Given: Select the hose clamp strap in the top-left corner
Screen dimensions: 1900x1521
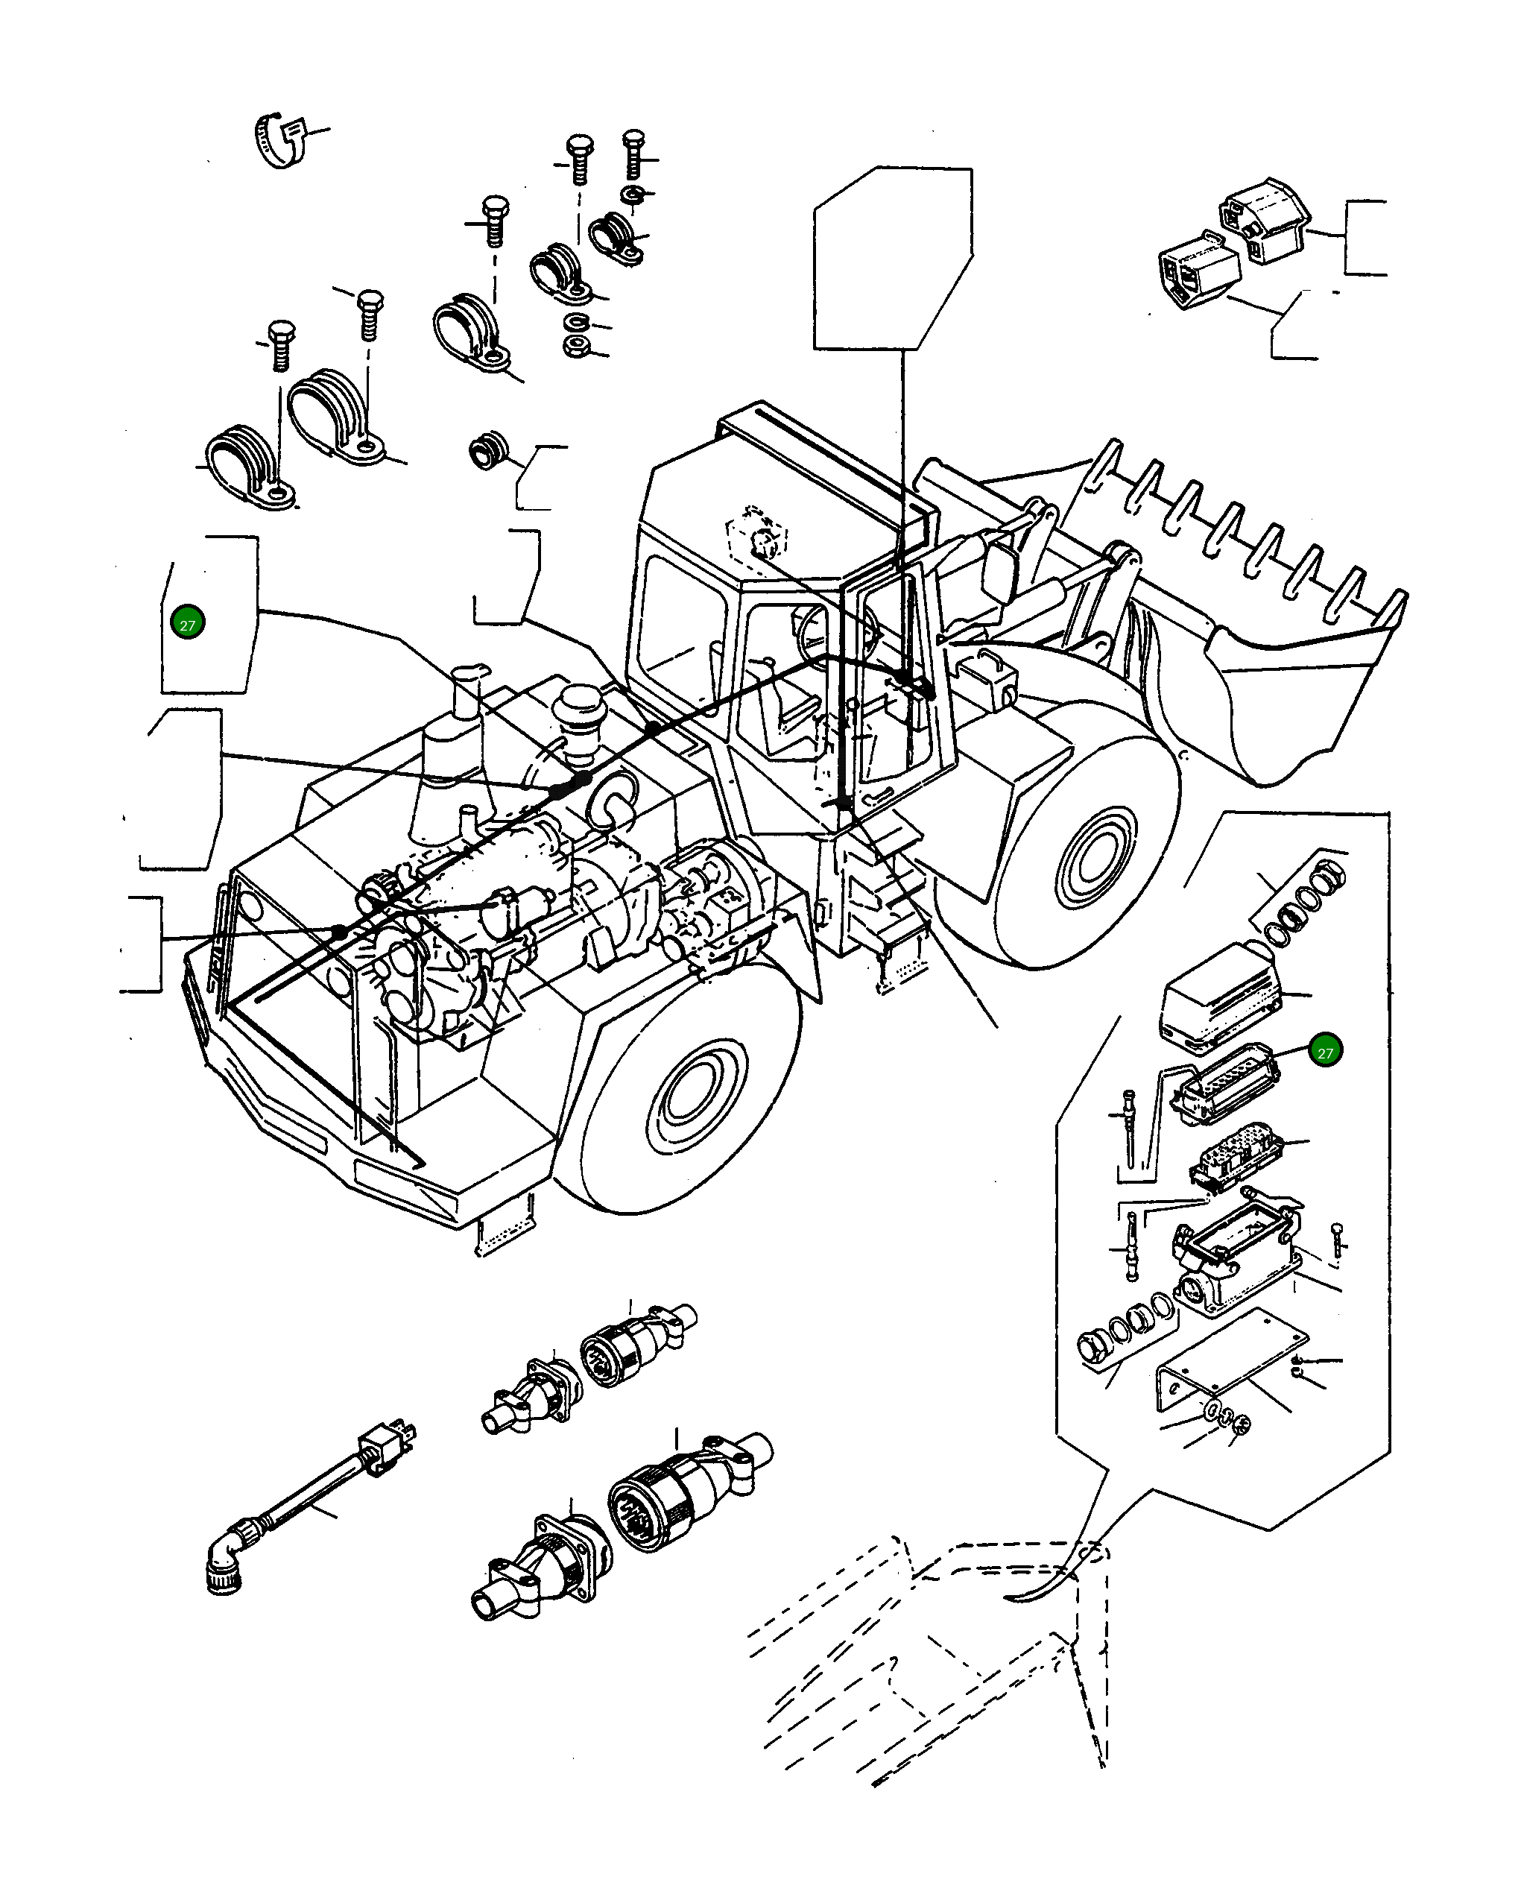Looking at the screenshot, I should tap(280, 141).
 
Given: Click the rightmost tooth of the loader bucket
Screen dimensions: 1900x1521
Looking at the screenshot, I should tap(1392, 606).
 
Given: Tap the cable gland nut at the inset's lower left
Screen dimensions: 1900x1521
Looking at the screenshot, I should tap(1095, 1349).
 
